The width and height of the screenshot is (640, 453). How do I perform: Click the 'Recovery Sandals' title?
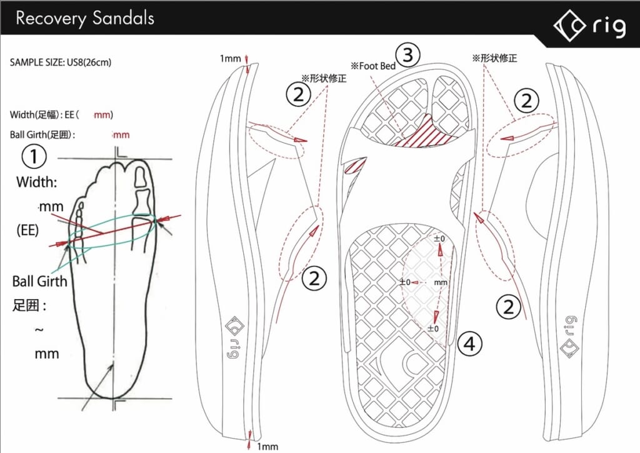(85, 19)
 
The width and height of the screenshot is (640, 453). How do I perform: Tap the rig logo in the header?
(589, 26)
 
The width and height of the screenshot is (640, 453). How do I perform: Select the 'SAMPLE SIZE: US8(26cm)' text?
(61, 62)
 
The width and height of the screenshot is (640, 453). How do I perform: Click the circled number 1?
(34, 156)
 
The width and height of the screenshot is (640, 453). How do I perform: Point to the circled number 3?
(408, 54)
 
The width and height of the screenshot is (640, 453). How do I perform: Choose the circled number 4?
(469, 344)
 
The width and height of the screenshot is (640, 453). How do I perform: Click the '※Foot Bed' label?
(373, 66)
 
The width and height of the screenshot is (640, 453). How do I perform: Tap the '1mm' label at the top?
(230, 58)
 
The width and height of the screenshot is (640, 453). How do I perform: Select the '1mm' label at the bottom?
(267, 447)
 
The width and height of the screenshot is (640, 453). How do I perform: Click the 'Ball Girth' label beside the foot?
(39, 281)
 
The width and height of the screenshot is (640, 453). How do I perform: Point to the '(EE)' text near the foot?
(27, 230)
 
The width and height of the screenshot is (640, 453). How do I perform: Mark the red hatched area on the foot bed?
(424, 133)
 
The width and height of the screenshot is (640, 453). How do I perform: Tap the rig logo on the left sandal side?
(234, 337)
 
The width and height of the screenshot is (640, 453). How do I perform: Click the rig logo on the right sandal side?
(570, 337)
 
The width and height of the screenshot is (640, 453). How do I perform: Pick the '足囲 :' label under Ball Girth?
(29, 305)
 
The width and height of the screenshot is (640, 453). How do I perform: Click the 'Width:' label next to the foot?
(37, 182)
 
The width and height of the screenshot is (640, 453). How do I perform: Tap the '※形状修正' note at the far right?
(494, 58)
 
